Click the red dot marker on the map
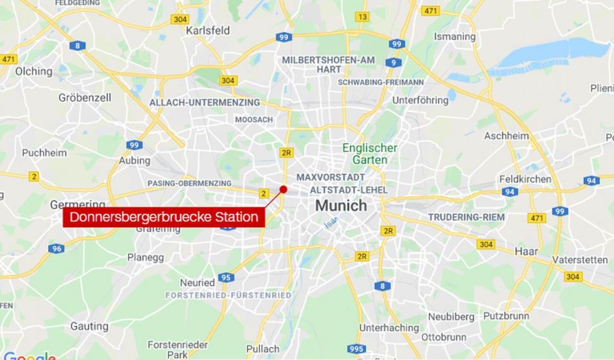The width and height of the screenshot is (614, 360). click(284, 189)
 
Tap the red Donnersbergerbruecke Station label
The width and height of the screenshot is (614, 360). click(163, 218)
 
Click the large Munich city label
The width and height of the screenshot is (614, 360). click(341, 206)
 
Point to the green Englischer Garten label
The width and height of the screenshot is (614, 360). click(370, 154)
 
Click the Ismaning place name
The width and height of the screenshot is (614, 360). click(454, 37)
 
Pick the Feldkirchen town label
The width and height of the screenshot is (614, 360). click(525, 179)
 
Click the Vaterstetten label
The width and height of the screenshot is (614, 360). click(580, 260)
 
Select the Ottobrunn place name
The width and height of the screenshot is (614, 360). click(444, 337)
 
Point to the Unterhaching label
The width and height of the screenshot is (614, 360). click(389, 328)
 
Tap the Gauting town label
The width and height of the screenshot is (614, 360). click(89, 326)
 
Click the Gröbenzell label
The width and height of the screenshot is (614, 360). click(85, 97)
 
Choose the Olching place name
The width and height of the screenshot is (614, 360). click(34, 71)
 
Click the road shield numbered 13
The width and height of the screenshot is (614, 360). click(361, 17)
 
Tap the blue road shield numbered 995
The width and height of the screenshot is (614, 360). click(357, 349)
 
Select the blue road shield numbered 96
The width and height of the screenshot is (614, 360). click(56, 249)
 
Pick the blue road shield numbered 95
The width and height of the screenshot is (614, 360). click(226, 277)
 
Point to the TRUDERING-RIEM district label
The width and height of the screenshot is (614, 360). click(467, 217)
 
